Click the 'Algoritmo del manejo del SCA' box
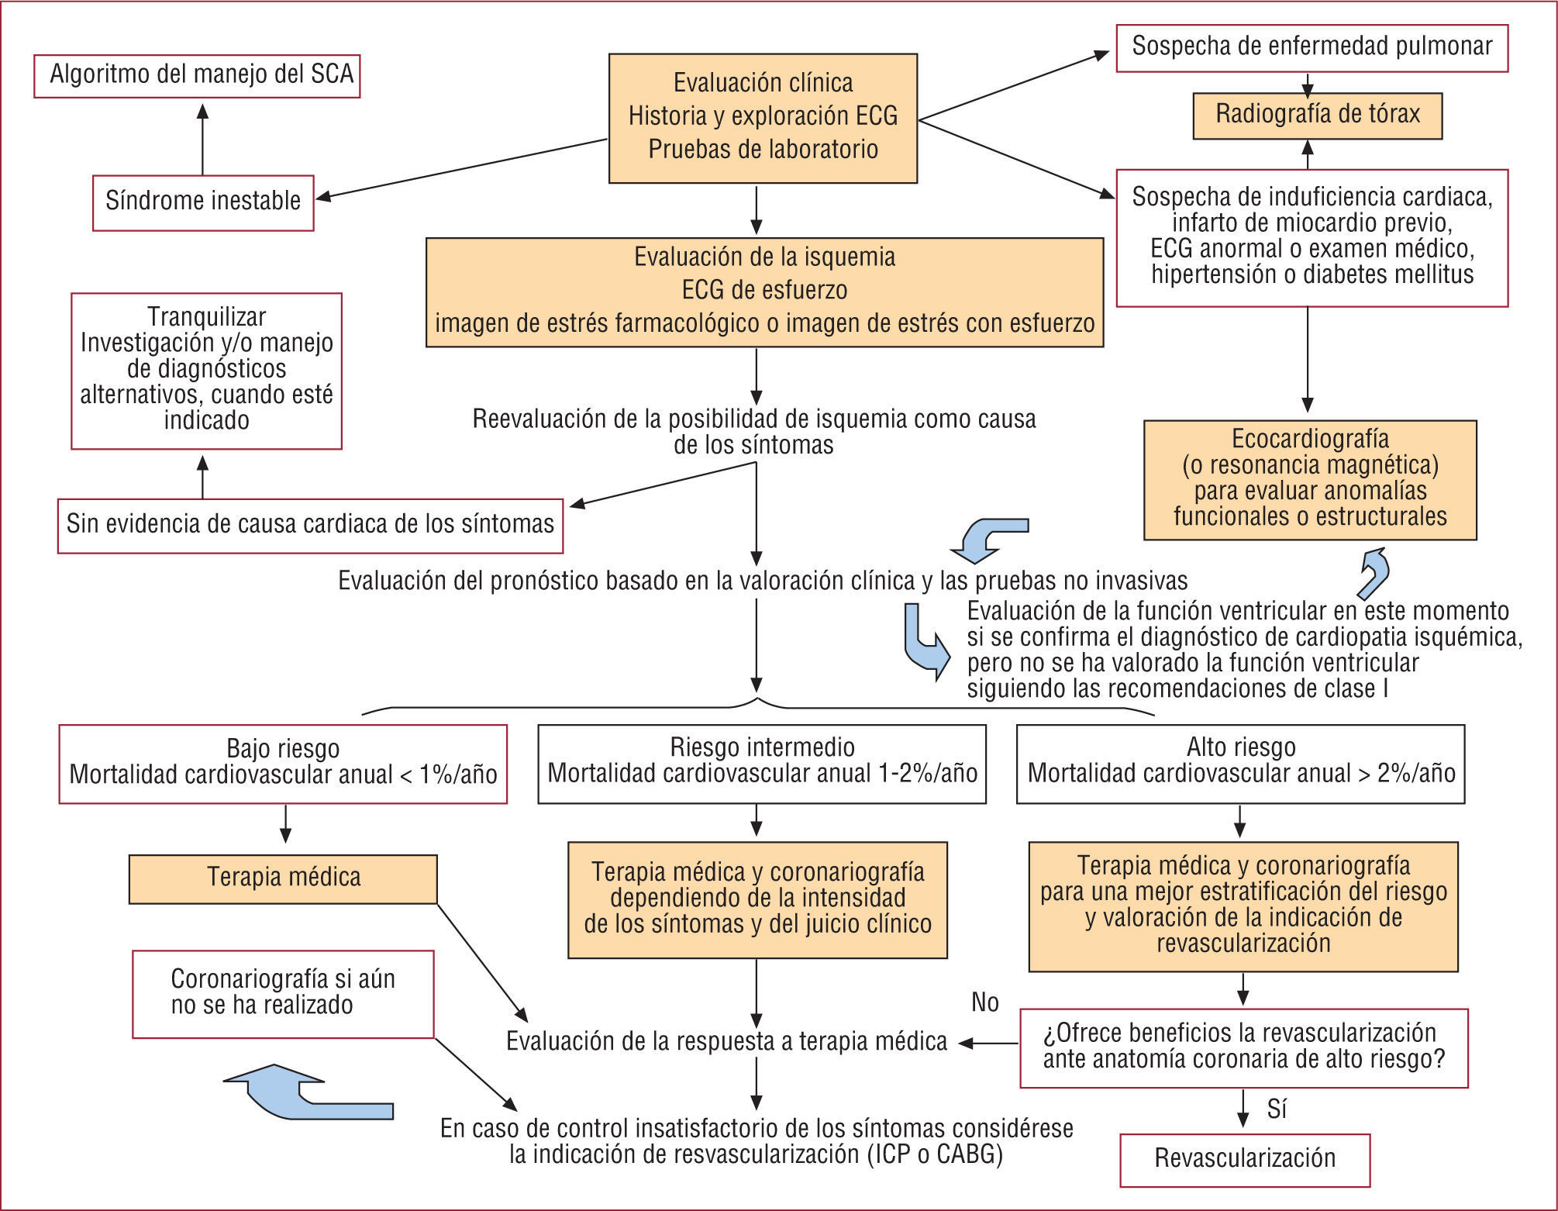[x=198, y=75]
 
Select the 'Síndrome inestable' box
[x=203, y=202]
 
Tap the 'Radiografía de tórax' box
[x=1317, y=116]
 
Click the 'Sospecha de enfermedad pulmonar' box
[x=1312, y=47]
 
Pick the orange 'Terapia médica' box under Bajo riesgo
[x=283, y=878]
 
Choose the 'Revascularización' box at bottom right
[x=1244, y=1159]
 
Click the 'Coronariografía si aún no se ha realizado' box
[x=283, y=993]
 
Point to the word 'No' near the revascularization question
[x=984, y=1003]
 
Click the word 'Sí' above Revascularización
[x=1277, y=1110]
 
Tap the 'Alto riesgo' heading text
[x=1241, y=748]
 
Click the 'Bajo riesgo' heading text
[x=283, y=750]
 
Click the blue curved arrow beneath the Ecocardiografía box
[x=1375, y=572]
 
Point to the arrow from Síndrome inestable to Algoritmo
[x=202, y=140]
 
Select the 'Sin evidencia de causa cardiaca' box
[x=310, y=525]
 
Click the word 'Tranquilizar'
[x=206, y=317]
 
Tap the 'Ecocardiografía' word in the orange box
[x=1310, y=440]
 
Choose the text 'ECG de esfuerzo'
[x=764, y=291]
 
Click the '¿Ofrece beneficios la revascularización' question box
[x=1243, y=1047]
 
